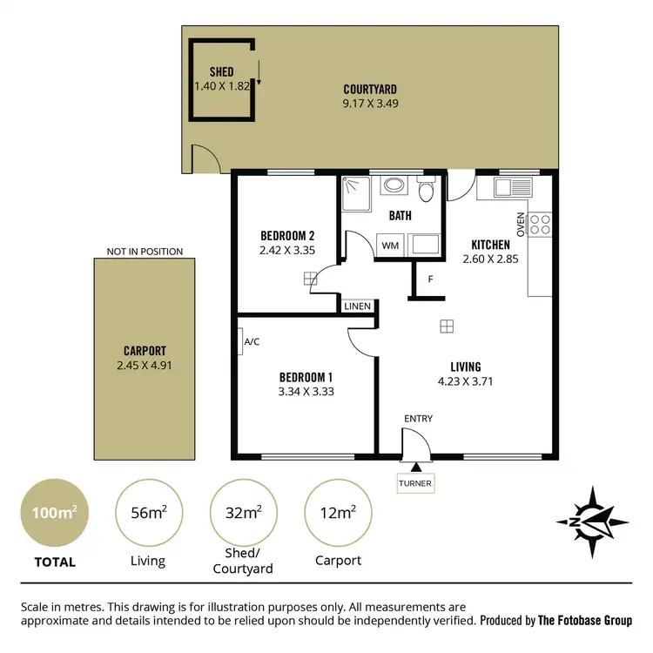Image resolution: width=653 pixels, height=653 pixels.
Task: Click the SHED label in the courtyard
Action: [223, 71]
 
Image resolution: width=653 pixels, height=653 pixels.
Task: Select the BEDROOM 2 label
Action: [286, 236]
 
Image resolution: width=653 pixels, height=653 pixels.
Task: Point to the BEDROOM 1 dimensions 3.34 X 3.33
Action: [306, 391]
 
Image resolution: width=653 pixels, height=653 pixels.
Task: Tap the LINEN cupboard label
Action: [357, 306]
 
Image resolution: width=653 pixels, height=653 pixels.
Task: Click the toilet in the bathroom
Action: [426, 190]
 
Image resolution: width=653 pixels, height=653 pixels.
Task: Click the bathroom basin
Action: [394, 185]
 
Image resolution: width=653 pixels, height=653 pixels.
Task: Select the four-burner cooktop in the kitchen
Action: [540, 225]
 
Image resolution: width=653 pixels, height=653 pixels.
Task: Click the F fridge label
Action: [430, 279]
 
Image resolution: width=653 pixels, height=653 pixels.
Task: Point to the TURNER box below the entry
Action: [414, 483]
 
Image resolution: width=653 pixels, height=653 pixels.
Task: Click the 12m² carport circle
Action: [338, 514]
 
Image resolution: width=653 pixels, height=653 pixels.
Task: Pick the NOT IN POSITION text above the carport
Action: [145, 252]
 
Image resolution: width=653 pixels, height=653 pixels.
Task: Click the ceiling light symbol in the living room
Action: [446, 326]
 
